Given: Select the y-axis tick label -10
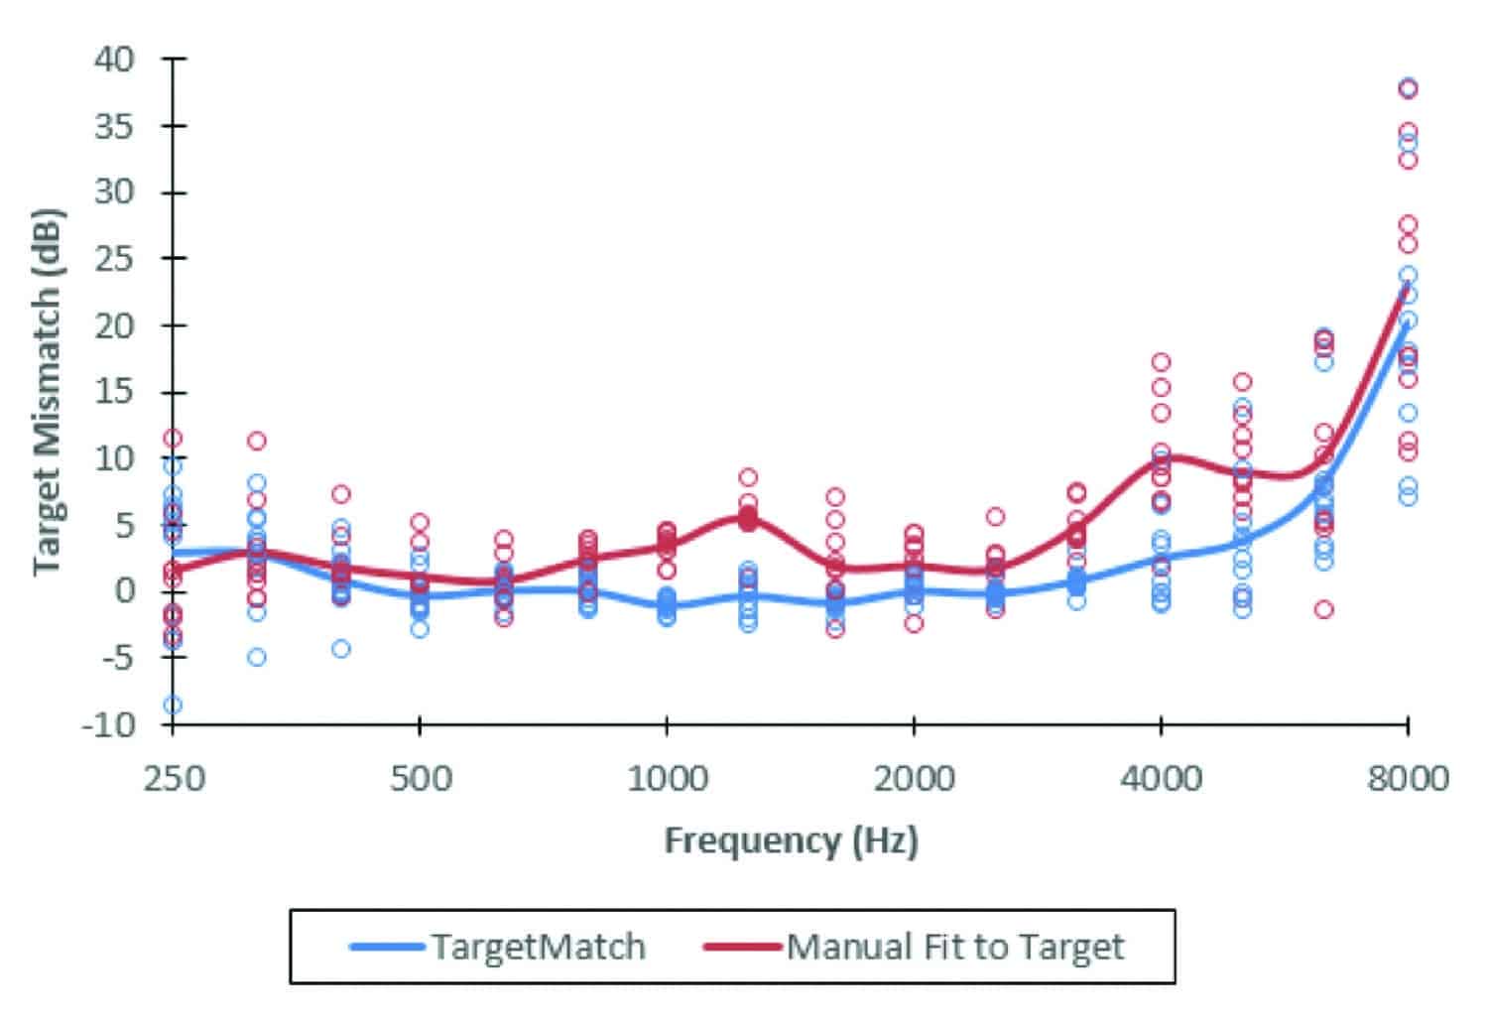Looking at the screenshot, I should pos(107,724).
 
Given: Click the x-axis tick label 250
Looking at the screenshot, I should pos(175,779).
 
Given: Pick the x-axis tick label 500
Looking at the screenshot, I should pos(420,779).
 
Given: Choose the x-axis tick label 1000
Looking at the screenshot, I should pos(667,779).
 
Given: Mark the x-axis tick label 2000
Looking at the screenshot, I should pos(914,779).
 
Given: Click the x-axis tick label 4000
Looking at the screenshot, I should pos(1161,779).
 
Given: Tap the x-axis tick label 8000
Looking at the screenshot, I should pos(1407,779).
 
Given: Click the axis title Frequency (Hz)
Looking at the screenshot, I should pos(791,841).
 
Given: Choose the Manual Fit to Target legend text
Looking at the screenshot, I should pos(955,947).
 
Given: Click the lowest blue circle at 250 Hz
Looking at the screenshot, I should pos(173,705).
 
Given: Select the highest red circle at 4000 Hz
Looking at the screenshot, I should pos(1161,362).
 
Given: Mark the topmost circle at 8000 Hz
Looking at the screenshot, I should pos(1407,88).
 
